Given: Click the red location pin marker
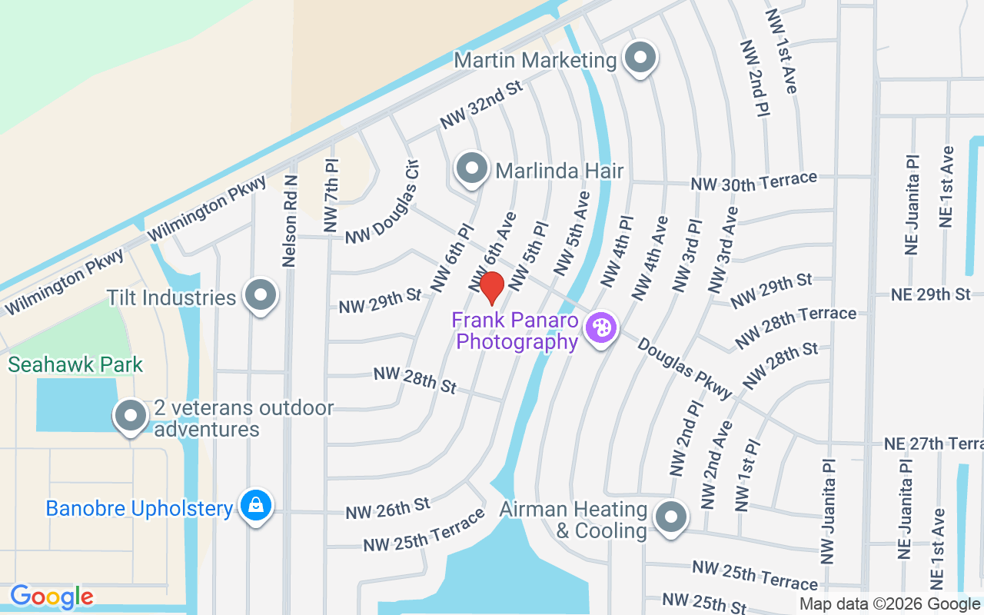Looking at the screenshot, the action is pos(492,288).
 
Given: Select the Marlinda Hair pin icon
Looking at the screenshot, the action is pos(472,168).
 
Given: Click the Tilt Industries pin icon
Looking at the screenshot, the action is pos(261,295).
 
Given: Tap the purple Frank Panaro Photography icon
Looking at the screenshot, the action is pos(601,328).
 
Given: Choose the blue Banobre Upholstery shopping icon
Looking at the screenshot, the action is pos(256,506).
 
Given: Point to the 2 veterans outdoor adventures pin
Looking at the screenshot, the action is pos(131,416).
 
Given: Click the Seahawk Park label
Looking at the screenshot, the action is pos(76,364).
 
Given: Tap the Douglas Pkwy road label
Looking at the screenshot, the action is pos(684,369).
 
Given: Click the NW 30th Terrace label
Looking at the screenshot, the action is pos(753,182).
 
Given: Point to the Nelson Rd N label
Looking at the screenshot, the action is pos(290,219).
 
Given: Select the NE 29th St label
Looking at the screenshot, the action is pos(931,294).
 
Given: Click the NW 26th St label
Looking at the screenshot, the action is pos(387,508).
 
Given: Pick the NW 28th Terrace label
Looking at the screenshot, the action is pos(796,326).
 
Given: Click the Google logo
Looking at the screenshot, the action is pos(52,597).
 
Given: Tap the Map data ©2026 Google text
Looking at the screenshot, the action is pos(889,604).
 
